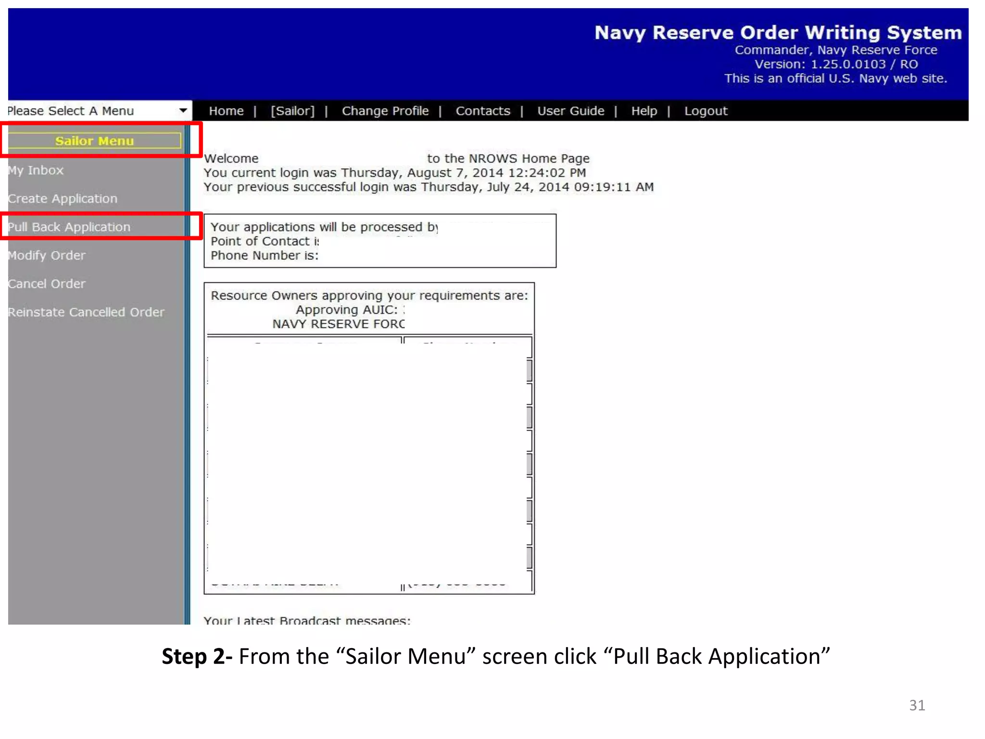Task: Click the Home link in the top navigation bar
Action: click(226, 111)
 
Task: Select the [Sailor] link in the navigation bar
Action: click(292, 111)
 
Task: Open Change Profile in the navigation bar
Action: click(385, 111)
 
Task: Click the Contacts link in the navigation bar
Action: click(482, 111)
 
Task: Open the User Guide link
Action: click(570, 111)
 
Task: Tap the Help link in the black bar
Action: click(644, 111)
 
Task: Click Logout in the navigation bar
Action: click(706, 111)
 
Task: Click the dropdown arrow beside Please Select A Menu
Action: click(183, 111)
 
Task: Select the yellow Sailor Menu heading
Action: click(94, 141)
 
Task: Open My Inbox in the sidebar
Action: click(36, 170)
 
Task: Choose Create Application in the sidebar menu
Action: click(63, 199)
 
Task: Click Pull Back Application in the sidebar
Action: click(69, 227)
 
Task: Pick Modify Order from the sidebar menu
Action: click(47, 255)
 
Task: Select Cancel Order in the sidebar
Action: click(47, 284)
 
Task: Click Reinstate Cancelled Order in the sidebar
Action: click(86, 312)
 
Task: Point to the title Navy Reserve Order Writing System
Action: click(778, 33)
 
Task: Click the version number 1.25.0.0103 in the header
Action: click(848, 64)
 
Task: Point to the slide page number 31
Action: click(917, 705)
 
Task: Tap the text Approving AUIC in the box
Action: click(347, 310)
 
